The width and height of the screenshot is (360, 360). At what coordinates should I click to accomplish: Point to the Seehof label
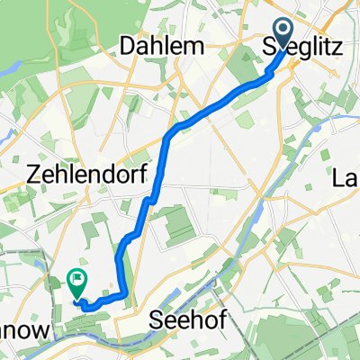[183, 320]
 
